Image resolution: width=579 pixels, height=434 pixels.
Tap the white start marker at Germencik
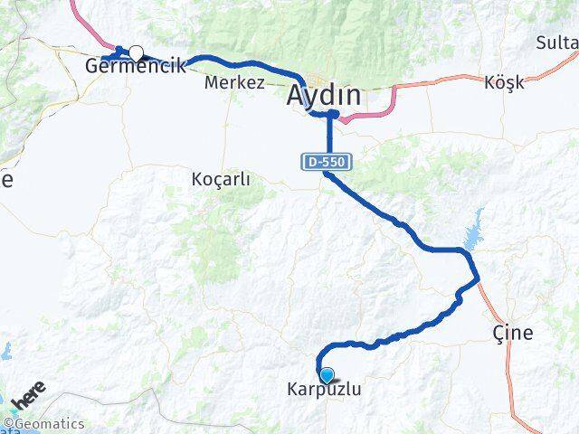[136, 53]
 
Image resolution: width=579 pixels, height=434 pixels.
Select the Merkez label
[234, 82]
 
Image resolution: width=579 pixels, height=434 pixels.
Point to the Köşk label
[504, 82]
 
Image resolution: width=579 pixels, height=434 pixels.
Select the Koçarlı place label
[221, 179]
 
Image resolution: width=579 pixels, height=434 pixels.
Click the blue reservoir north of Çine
[472, 231]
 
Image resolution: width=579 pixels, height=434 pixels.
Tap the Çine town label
[513, 333]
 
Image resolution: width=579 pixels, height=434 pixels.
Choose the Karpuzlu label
[324, 391]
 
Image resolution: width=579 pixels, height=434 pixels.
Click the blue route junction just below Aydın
[331, 115]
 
